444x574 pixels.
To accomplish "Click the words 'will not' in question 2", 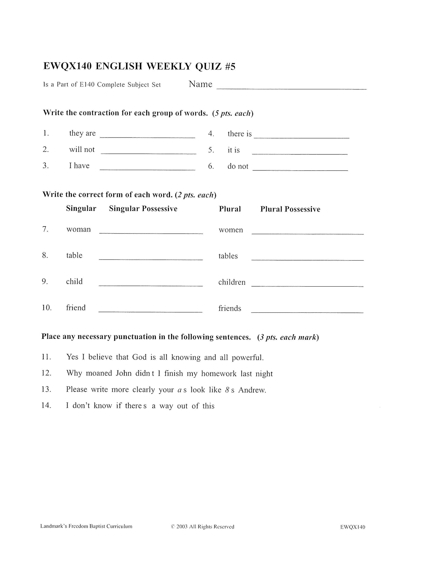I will (82, 150).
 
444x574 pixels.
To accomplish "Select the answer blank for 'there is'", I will (301, 138).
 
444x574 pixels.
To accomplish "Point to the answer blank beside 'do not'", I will (300, 169).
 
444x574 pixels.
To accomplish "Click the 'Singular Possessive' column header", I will (143, 209).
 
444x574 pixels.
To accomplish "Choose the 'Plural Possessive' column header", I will (290, 209).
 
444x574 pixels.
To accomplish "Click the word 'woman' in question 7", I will (78, 230).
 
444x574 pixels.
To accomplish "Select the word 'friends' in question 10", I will (230, 308).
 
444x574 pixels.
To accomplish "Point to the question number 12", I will (46, 373).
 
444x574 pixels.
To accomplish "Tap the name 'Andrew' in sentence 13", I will (252, 390).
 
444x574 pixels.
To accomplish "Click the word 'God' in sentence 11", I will (139, 357).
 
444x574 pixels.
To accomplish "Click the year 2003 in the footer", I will (182, 527).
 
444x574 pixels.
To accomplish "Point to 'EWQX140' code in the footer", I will (353, 527).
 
